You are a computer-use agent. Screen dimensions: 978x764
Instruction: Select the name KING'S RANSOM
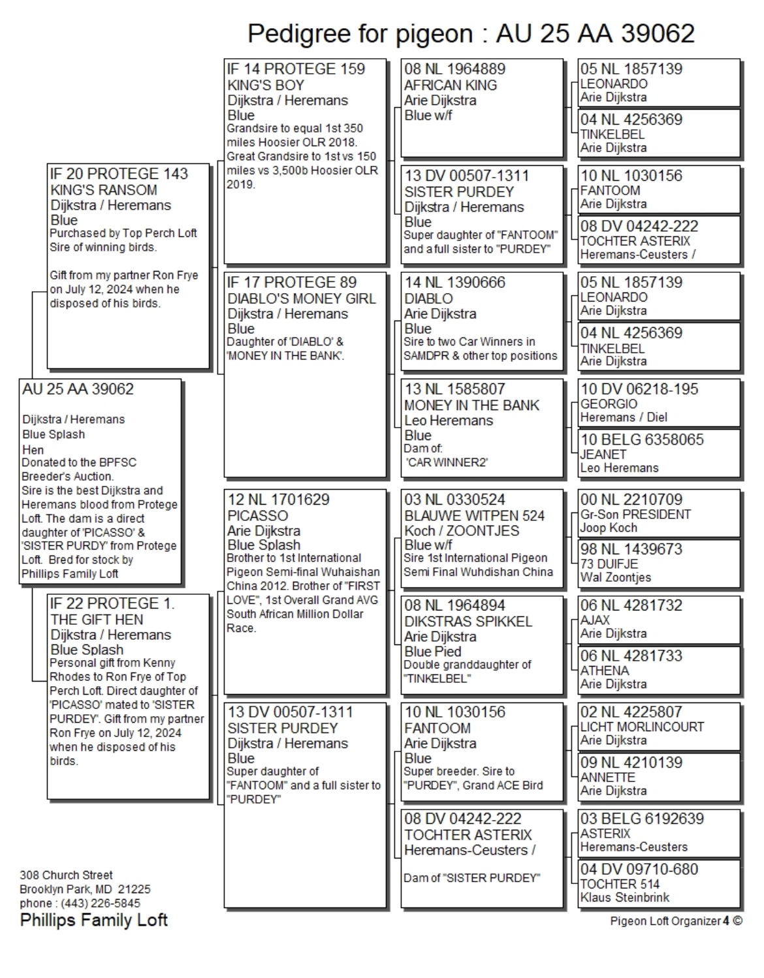click(103, 190)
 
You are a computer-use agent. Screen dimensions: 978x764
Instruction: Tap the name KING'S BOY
click(266, 85)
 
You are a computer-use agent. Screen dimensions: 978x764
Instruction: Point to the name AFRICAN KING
click(450, 85)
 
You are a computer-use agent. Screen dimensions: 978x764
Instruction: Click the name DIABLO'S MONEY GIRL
click(301, 298)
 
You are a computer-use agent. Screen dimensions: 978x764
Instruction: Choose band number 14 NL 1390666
click(454, 282)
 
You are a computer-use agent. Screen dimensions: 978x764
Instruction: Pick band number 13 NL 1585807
click(454, 389)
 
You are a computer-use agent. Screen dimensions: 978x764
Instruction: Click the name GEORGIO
click(609, 403)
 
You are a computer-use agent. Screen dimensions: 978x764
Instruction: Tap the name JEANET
click(603, 454)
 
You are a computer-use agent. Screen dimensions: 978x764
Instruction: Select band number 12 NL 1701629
click(278, 499)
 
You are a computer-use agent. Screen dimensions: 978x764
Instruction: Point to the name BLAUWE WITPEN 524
click(474, 516)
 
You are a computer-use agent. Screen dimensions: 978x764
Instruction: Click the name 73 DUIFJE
click(609, 563)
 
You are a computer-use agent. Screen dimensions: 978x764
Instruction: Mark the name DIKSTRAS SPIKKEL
click(468, 622)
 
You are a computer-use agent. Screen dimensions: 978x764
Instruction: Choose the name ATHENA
click(605, 670)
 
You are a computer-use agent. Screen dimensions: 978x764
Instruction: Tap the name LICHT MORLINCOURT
click(642, 727)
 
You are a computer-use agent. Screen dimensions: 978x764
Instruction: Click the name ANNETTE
click(607, 777)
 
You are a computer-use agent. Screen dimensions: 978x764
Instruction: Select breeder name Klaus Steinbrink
click(624, 898)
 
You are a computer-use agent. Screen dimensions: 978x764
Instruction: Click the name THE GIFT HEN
click(97, 620)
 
